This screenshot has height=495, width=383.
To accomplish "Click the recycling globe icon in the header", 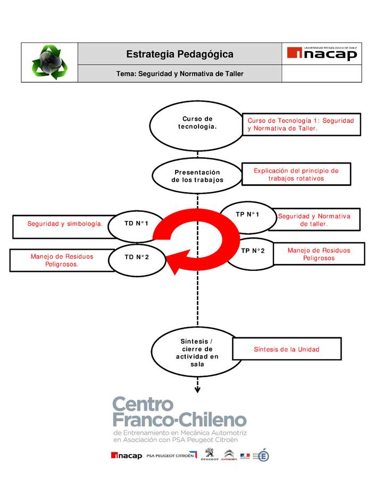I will point(49,62).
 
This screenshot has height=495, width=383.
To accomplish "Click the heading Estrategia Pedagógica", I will point(179,54).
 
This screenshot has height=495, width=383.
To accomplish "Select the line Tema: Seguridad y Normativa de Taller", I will point(179,74).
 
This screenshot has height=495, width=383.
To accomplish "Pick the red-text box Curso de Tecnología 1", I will point(301,125).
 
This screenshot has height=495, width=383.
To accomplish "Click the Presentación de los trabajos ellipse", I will point(197,176).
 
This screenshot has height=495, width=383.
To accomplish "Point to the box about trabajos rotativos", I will point(296,175).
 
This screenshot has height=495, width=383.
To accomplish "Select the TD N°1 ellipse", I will point(137,224).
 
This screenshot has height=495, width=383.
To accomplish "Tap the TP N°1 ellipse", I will point(247,215).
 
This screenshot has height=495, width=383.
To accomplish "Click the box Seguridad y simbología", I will point(65,224).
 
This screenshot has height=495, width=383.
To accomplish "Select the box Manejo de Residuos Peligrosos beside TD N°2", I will point(62,260).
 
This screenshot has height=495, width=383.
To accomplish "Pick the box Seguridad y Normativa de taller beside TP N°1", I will point(314,220).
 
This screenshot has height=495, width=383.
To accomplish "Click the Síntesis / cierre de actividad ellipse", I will point(197,353).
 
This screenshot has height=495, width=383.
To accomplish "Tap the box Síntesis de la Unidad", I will point(286,349).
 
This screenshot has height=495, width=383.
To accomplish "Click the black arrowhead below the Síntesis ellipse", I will point(197,390).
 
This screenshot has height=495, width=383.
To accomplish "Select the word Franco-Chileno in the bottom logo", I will point(179,421).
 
